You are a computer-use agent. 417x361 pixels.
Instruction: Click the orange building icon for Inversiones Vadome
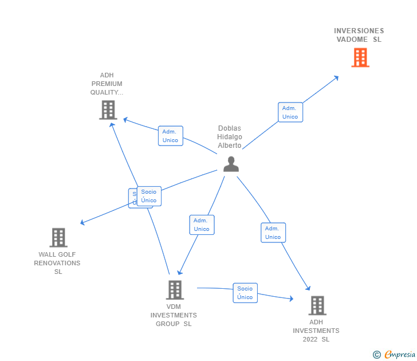[360, 57]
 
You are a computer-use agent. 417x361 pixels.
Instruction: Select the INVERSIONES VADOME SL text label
[359, 35]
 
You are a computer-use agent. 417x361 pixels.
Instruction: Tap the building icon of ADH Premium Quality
[108, 109]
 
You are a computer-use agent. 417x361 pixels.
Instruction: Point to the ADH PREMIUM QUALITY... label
[107, 84]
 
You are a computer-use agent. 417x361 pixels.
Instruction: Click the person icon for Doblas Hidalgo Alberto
[231, 164]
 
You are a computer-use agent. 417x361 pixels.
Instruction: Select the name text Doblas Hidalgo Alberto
[230, 137]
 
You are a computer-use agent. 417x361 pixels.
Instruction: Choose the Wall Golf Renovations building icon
[58, 237]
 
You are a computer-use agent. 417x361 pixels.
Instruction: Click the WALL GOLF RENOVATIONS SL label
[57, 263]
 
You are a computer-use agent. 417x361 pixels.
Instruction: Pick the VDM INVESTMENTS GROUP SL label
[174, 315]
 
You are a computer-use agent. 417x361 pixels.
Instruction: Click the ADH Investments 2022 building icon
[317, 305]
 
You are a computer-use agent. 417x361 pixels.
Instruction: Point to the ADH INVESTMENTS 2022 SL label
[316, 331]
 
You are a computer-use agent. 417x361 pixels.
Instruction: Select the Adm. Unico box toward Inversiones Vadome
[290, 112]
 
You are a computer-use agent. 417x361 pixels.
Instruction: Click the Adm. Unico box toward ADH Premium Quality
[170, 136]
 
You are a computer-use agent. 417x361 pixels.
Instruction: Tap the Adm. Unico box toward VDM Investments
[202, 225]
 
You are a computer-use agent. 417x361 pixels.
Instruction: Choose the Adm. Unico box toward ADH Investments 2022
[273, 233]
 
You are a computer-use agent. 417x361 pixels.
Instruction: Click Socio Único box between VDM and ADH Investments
[245, 293]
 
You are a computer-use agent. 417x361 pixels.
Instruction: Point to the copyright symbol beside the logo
[377, 355]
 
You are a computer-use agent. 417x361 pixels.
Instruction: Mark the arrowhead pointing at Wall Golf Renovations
[82, 223]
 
